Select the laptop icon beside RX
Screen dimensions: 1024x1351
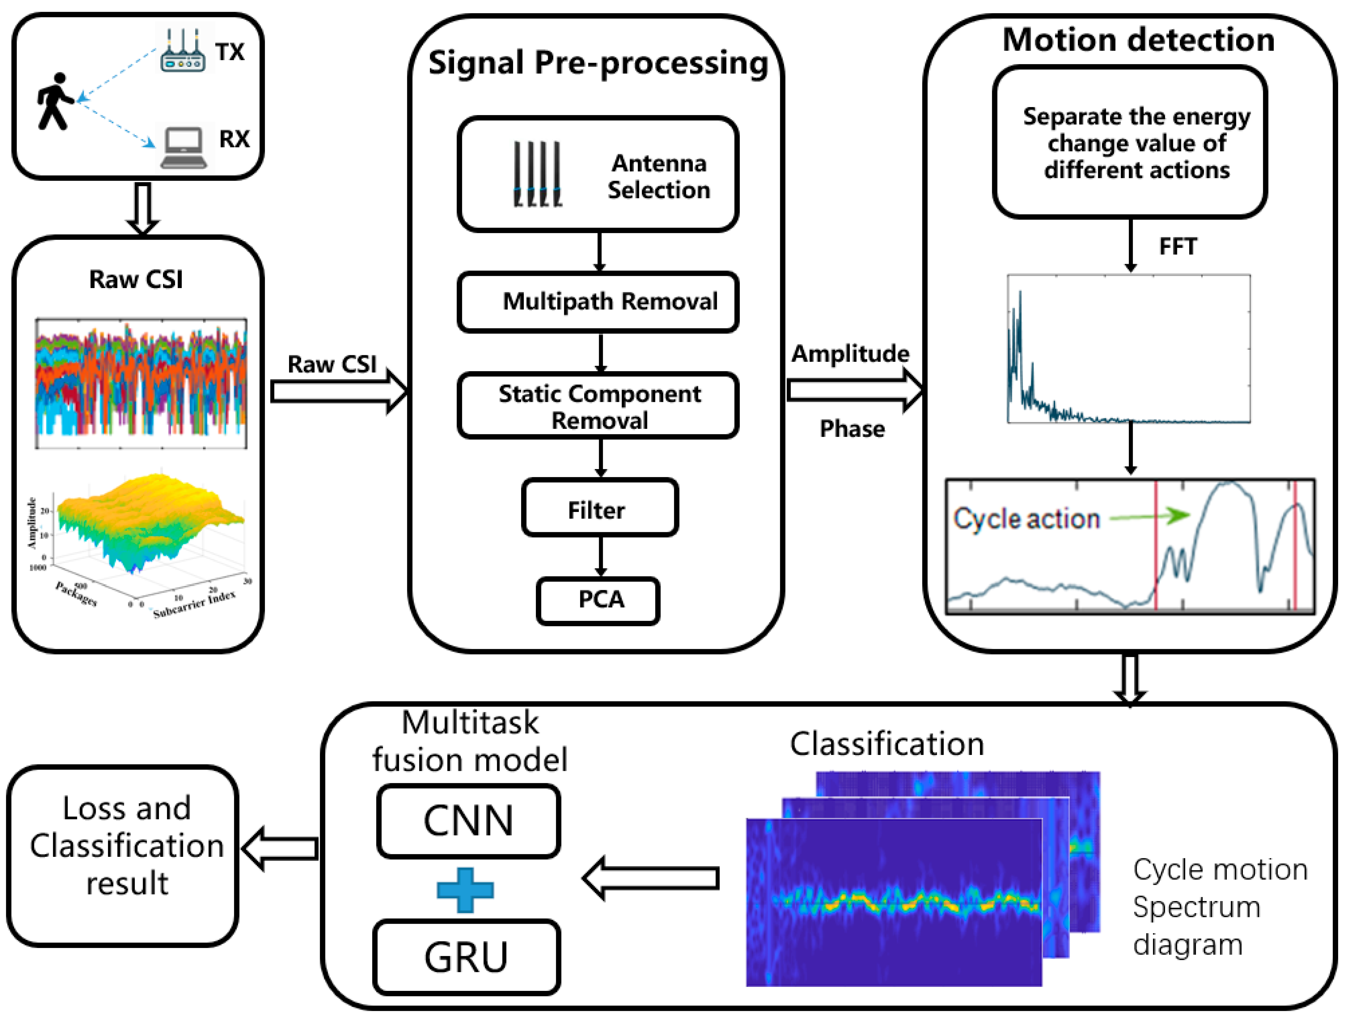[183, 147]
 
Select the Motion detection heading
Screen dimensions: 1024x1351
[1138, 40]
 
